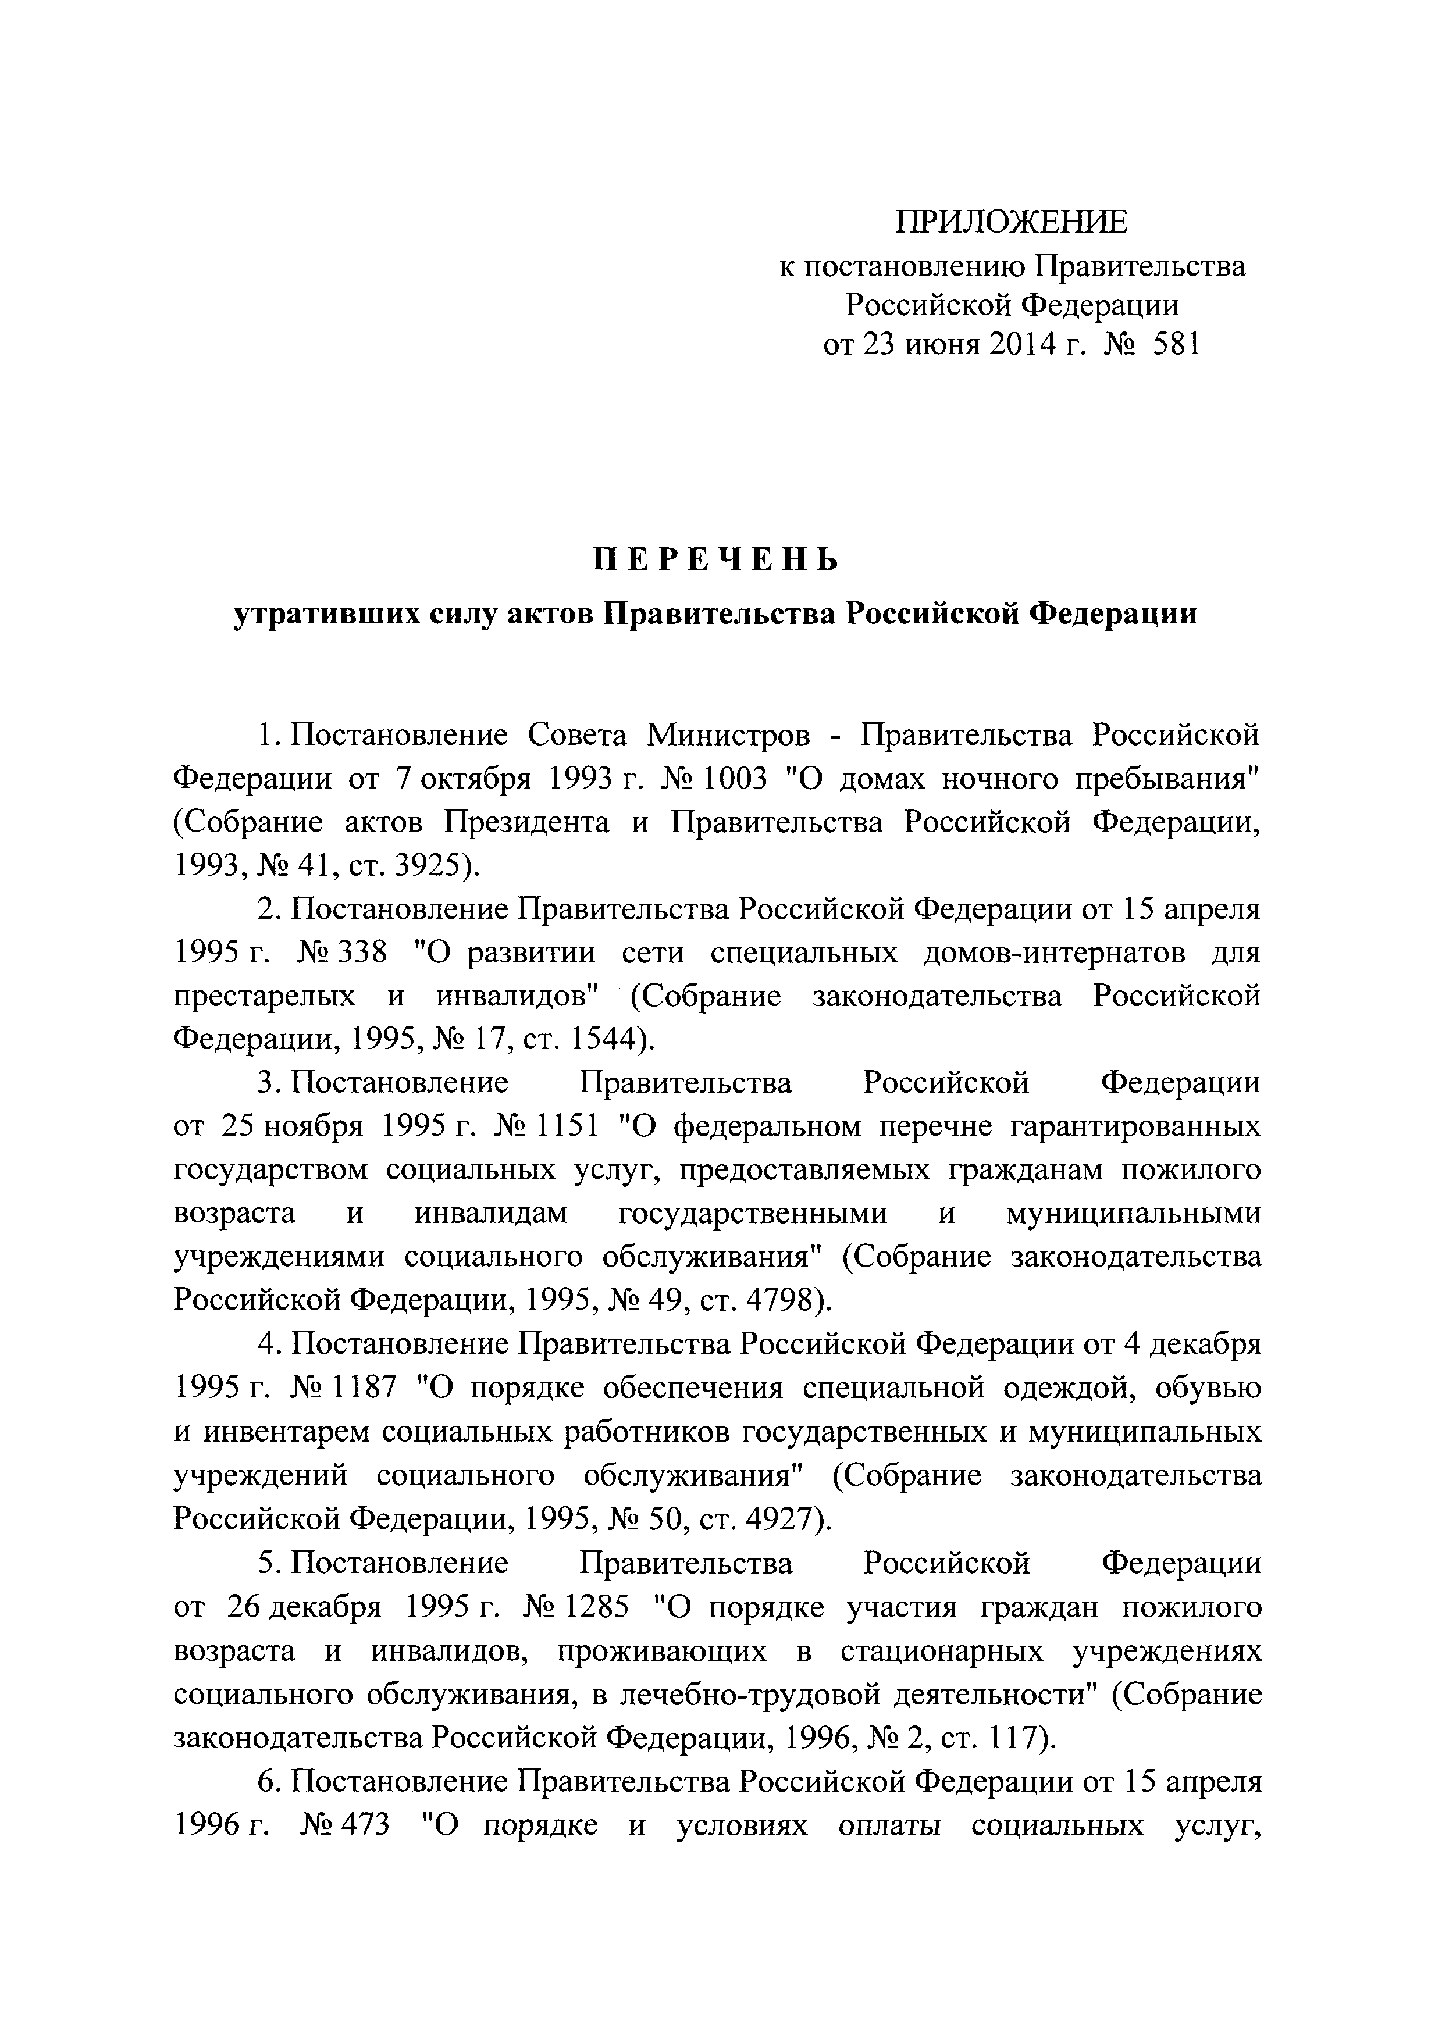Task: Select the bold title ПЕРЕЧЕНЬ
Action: [x=715, y=560]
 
